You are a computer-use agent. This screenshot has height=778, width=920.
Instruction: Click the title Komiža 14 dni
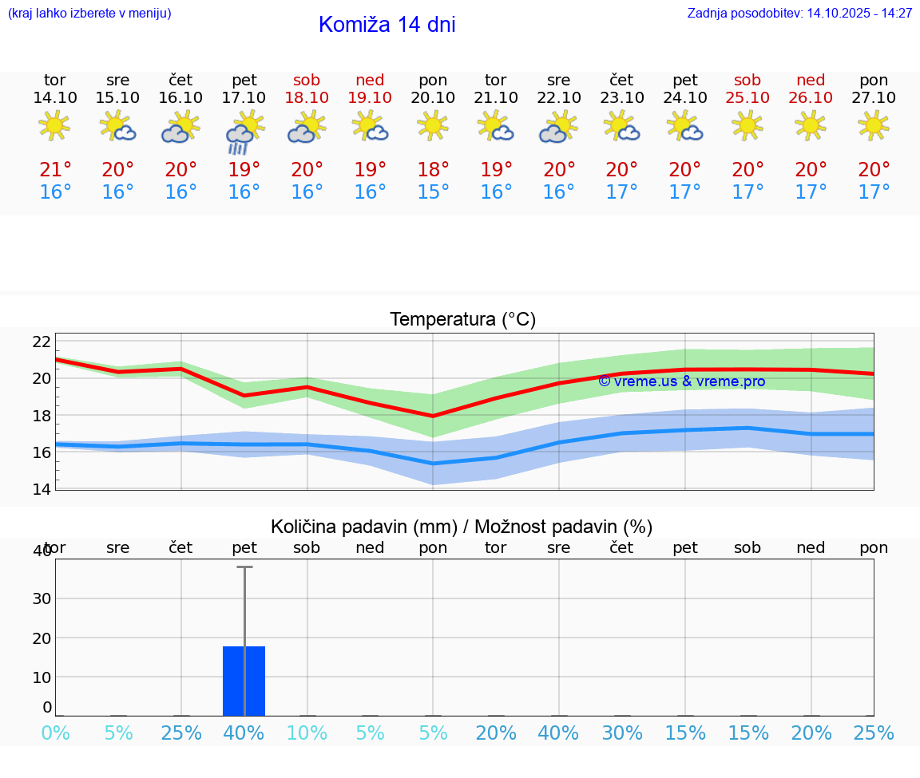[x=387, y=25]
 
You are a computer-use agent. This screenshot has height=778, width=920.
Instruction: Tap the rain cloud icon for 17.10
[x=244, y=131]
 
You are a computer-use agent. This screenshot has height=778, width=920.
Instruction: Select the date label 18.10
[x=307, y=97]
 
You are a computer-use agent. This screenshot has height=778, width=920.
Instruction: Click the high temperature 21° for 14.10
[x=55, y=170]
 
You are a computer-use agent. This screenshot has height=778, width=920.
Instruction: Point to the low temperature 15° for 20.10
[x=433, y=192]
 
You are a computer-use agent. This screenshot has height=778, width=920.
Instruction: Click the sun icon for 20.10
[x=433, y=126]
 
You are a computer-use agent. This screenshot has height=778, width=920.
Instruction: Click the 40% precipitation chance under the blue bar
[x=244, y=733]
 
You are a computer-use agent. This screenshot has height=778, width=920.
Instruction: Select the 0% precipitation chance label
[x=55, y=733]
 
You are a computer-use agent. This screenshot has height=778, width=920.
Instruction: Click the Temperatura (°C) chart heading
[x=462, y=320]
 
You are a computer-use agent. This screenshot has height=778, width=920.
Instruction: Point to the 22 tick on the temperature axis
[x=42, y=342]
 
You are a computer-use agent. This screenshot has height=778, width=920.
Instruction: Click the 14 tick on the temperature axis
[x=42, y=489]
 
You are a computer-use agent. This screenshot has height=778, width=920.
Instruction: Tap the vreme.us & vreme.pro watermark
[x=681, y=381]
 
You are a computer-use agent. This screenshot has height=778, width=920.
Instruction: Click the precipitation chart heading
[x=462, y=527]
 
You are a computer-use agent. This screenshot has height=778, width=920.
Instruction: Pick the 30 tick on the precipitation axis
[x=42, y=598]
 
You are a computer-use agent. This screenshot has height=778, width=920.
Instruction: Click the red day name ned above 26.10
[x=811, y=80]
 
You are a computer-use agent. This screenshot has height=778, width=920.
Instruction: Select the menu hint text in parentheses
[x=89, y=13]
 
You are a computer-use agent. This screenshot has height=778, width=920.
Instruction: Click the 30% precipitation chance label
[x=621, y=733]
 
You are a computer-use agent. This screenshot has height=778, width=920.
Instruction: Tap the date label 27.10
[x=874, y=97]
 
